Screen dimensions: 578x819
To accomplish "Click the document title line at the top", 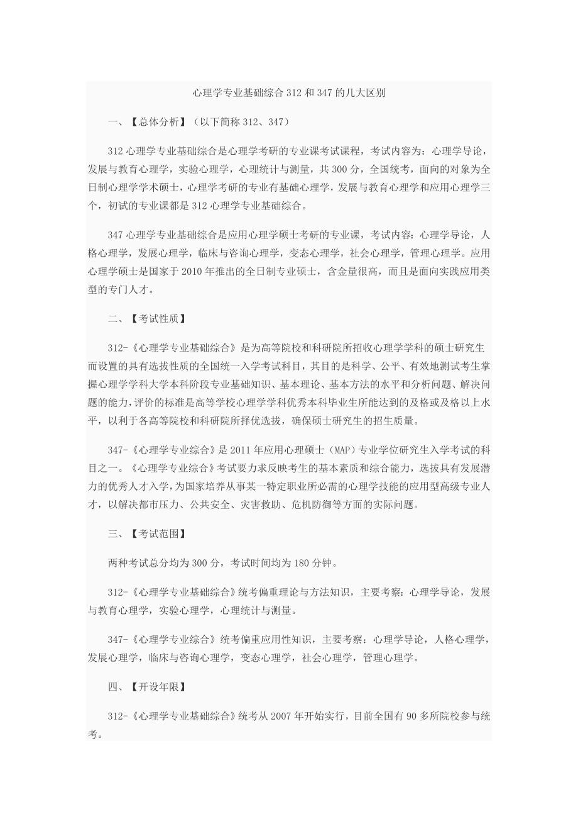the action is pyautogui.click(x=288, y=92).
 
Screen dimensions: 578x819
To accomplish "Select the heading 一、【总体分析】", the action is pyautogui.click(x=146, y=121).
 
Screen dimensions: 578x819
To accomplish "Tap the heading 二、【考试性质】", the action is pyautogui.click(x=146, y=319).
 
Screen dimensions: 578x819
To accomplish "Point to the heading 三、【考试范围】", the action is pyautogui.click(x=146, y=534).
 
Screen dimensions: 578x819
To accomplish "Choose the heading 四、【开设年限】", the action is pyautogui.click(x=146, y=687).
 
